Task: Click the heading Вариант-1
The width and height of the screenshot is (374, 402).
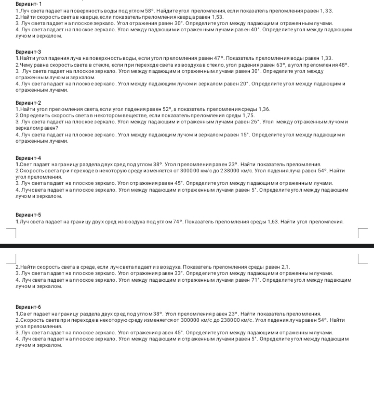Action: (28, 4)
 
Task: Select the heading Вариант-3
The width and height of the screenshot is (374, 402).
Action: (28, 52)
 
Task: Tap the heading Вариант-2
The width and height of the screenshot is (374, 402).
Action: (28, 103)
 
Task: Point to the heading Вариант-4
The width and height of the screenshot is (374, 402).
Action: (28, 158)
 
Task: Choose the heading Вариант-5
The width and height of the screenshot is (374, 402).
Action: (28, 215)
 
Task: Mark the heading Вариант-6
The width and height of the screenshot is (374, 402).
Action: (28, 307)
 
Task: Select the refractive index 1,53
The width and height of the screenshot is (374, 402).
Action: (218, 17)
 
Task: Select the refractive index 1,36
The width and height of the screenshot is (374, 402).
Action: (264, 109)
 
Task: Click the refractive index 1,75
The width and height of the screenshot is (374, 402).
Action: (249, 115)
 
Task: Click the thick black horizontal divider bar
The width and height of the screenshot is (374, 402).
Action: (187, 246)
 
